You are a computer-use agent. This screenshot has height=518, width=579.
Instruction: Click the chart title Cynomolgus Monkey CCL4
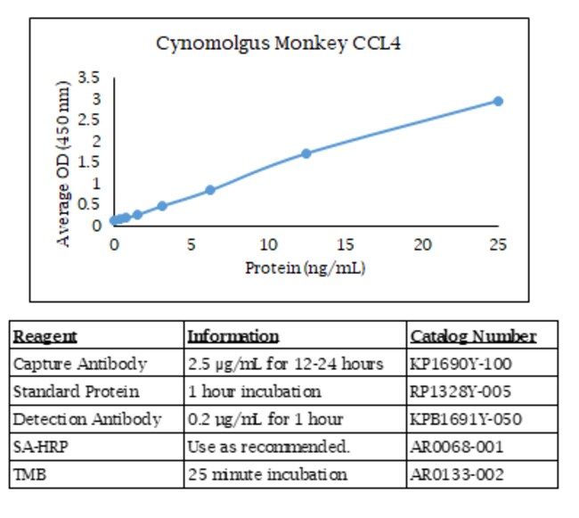tap(278, 44)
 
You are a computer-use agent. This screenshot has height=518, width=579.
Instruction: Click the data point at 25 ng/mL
tap(498, 101)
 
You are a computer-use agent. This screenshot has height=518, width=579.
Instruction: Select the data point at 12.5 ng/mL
tap(306, 153)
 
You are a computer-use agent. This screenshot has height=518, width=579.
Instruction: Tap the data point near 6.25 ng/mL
tap(210, 190)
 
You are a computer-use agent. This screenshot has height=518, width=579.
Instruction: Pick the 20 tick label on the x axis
tap(422, 244)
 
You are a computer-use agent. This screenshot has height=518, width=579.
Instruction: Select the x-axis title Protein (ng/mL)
tap(306, 267)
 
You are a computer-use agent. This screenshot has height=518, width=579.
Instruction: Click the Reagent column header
tap(45, 336)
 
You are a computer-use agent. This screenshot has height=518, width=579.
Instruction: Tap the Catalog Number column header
tap(473, 336)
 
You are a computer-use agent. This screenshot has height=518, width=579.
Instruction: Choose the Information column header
tap(232, 336)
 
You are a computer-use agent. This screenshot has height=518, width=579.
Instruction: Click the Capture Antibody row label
tap(79, 364)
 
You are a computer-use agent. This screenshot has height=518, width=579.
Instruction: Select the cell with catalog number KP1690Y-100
tap(461, 364)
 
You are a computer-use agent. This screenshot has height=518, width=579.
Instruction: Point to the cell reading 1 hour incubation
tap(254, 391)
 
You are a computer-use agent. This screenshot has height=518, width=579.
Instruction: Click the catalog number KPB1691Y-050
tap(466, 419)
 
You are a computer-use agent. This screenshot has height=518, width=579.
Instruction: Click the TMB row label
tap(30, 474)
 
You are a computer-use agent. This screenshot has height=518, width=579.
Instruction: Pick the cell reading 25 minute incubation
tap(267, 474)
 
